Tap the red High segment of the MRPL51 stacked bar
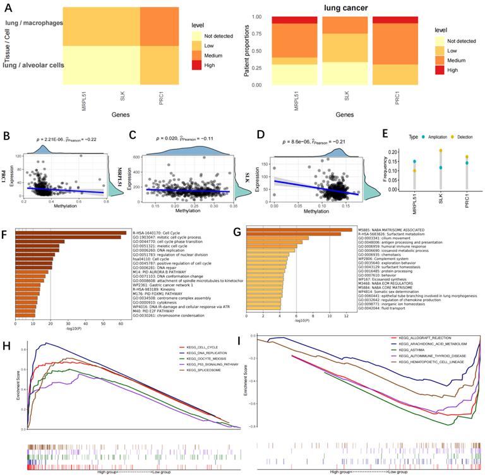[x=272, y=20]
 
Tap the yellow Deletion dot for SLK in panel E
[x=440, y=150]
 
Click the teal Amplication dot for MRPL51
[x=414, y=162]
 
